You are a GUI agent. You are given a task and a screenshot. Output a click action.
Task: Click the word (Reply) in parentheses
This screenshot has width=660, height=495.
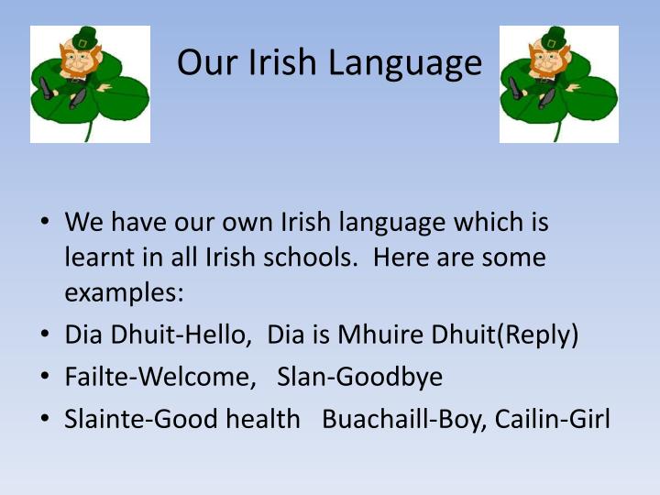point(537,335)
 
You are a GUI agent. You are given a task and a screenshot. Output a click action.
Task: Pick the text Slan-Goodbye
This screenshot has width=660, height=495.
point(359,377)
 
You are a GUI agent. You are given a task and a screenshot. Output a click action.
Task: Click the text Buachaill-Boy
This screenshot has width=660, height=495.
point(403,419)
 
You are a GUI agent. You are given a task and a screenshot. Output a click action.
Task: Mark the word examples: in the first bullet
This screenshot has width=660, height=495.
point(125,293)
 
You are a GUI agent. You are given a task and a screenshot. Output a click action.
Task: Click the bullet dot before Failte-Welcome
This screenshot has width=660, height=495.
point(44,377)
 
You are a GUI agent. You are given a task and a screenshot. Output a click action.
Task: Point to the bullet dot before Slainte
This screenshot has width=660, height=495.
point(44,419)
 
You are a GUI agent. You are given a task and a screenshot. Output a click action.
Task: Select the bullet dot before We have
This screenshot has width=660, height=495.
point(44,223)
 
